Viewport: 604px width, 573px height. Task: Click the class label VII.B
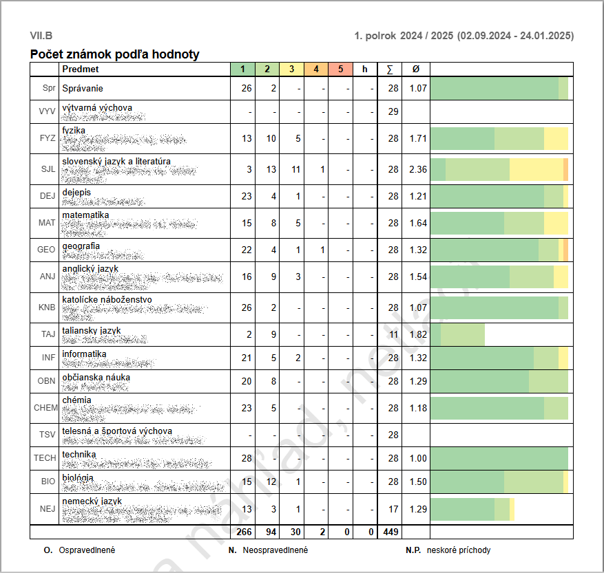41,36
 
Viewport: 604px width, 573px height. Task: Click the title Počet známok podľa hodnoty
115,54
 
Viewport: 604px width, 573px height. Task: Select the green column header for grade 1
242,69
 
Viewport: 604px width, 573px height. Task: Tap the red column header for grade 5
340,69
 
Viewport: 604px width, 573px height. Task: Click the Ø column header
416,69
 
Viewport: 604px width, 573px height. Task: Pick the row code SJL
48,169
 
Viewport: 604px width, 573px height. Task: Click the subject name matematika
85,215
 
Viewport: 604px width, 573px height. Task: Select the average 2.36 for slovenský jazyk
418,169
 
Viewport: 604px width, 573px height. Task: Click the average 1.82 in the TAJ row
418,334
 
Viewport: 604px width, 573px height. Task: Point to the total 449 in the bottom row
391,531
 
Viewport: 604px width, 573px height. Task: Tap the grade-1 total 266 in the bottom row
244,531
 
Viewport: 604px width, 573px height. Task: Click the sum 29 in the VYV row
393,111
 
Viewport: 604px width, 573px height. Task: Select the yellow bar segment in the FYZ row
556,138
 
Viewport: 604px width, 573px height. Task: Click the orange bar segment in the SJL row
565,169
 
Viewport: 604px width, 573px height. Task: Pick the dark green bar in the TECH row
499,458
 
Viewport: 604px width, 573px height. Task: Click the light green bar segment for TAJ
462,334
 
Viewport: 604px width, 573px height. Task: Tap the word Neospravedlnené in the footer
275,550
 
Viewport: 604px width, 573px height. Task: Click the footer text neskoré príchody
459,550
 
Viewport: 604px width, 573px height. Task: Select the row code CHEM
45,407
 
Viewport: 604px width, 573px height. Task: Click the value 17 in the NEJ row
393,509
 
